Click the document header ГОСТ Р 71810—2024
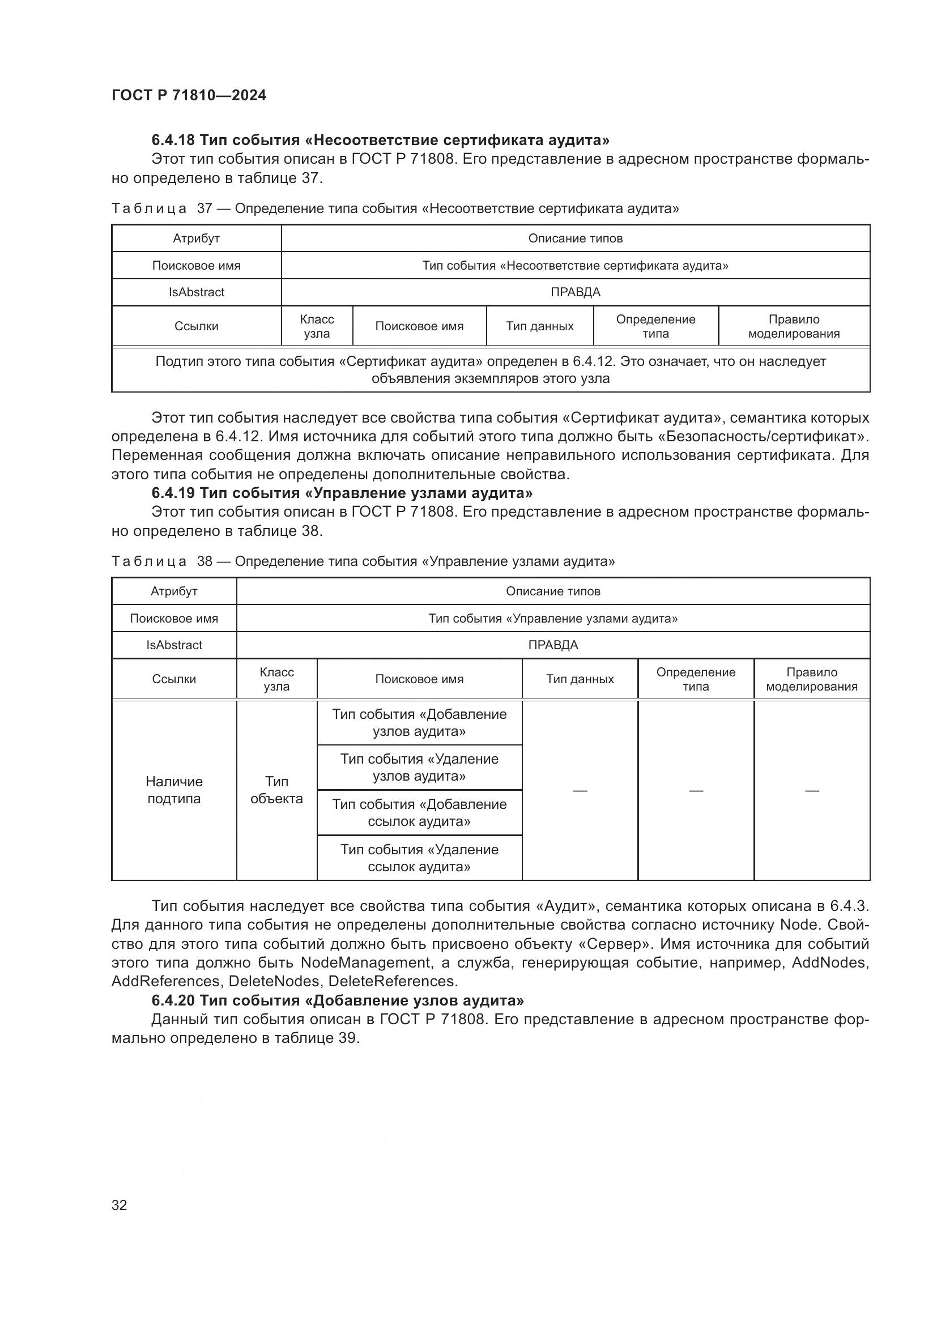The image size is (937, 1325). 189,95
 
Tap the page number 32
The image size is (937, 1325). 120,1205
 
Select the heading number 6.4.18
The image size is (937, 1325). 173,140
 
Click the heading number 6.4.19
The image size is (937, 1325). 173,493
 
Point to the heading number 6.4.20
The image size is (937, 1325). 173,1000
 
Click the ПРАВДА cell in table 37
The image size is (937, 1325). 575,292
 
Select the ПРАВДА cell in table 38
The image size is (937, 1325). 553,645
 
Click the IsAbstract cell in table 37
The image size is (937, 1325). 196,292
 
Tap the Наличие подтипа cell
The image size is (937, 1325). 174,790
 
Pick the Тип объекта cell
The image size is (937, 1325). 276,790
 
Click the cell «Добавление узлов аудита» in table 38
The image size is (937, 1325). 419,722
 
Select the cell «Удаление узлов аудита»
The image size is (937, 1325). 419,768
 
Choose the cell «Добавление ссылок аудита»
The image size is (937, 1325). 419,812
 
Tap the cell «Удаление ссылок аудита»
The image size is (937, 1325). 419,858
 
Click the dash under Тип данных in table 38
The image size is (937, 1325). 580,791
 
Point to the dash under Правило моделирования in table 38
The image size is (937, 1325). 812,791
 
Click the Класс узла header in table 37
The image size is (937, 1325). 317,326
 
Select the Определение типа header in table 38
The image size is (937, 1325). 696,679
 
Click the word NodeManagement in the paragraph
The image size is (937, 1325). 366,962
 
